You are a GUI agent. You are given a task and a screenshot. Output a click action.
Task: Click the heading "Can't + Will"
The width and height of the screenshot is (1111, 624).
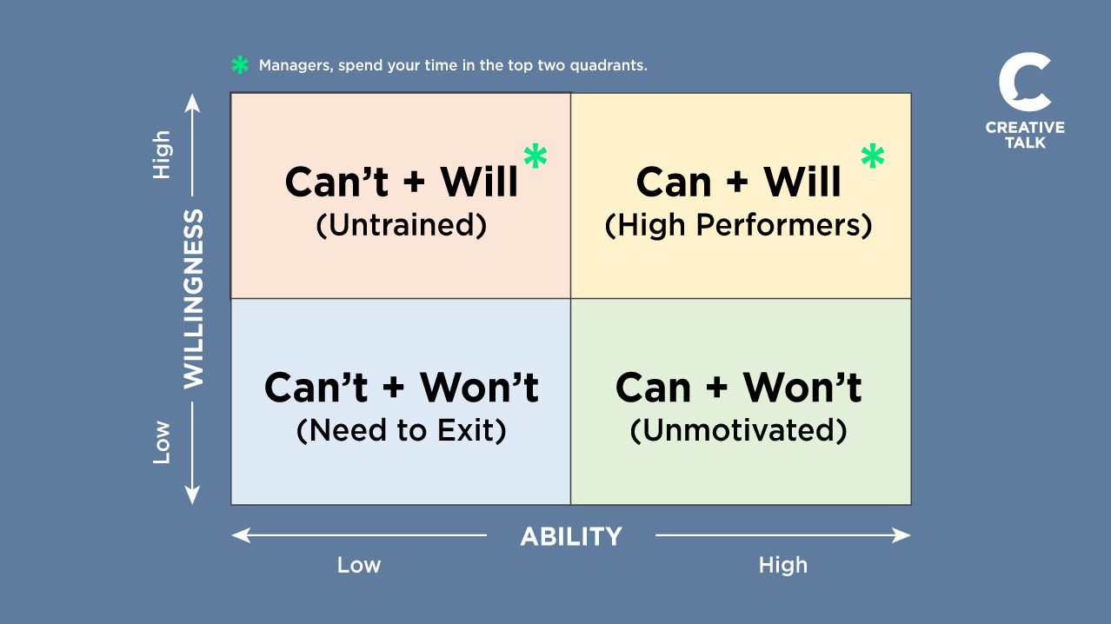click(401, 183)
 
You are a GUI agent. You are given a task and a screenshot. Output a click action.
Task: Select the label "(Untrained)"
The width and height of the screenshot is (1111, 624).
click(401, 225)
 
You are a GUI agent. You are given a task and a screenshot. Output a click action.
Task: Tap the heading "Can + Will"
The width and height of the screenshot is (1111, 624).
click(739, 183)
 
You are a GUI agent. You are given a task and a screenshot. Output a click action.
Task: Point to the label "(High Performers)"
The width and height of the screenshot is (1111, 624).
click(739, 225)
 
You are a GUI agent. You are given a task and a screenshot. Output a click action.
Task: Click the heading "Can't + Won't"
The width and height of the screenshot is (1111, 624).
click(401, 388)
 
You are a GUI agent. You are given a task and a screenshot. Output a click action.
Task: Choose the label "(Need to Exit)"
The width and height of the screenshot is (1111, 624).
click(401, 430)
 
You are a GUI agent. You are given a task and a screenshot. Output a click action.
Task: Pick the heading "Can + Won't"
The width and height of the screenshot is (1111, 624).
click(739, 388)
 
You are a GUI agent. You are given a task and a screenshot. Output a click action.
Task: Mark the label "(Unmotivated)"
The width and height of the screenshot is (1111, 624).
click(739, 430)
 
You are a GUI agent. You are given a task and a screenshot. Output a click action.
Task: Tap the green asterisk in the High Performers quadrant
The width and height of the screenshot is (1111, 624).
click(872, 157)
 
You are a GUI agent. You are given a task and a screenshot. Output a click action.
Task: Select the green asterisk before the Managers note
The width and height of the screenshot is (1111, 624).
click(239, 66)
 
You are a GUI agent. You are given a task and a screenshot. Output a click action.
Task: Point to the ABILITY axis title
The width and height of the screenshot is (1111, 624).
click(571, 536)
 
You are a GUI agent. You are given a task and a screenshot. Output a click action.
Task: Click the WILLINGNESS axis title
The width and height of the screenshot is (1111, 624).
click(193, 298)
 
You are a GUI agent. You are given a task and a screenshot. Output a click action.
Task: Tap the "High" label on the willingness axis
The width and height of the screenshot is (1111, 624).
click(162, 156)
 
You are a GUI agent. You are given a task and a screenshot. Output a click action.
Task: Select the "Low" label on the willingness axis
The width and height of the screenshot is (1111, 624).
click(162, 441)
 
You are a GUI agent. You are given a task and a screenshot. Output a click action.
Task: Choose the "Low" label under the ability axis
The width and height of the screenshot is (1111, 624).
click(359, 565)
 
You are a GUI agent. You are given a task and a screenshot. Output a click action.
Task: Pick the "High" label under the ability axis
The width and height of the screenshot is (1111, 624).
click(782, 565)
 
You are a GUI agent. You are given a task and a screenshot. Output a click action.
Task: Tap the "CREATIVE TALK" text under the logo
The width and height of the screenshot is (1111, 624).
click(1025, 135)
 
